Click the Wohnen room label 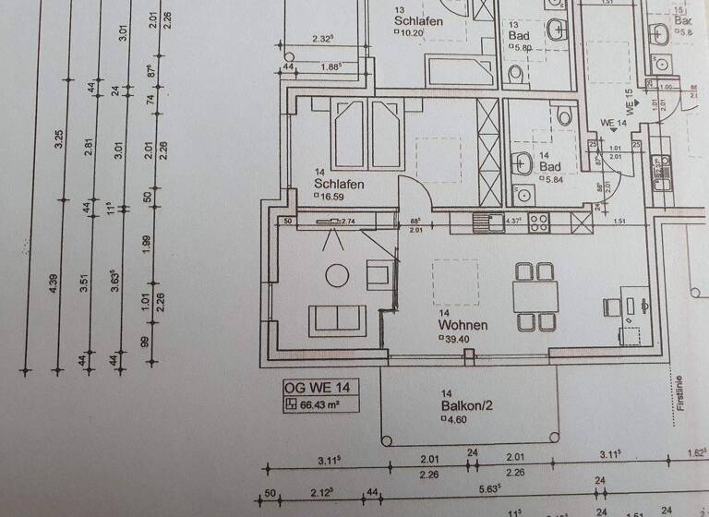(463, 325)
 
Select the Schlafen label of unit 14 (339, 184)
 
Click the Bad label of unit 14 (550, 167)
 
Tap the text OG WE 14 (315, 387)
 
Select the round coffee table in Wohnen (338, 274)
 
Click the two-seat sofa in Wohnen (337, 319)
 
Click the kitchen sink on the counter (482, 222)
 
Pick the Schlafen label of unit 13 (418, 21)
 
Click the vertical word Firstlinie (679, 392)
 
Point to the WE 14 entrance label (614, 123)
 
